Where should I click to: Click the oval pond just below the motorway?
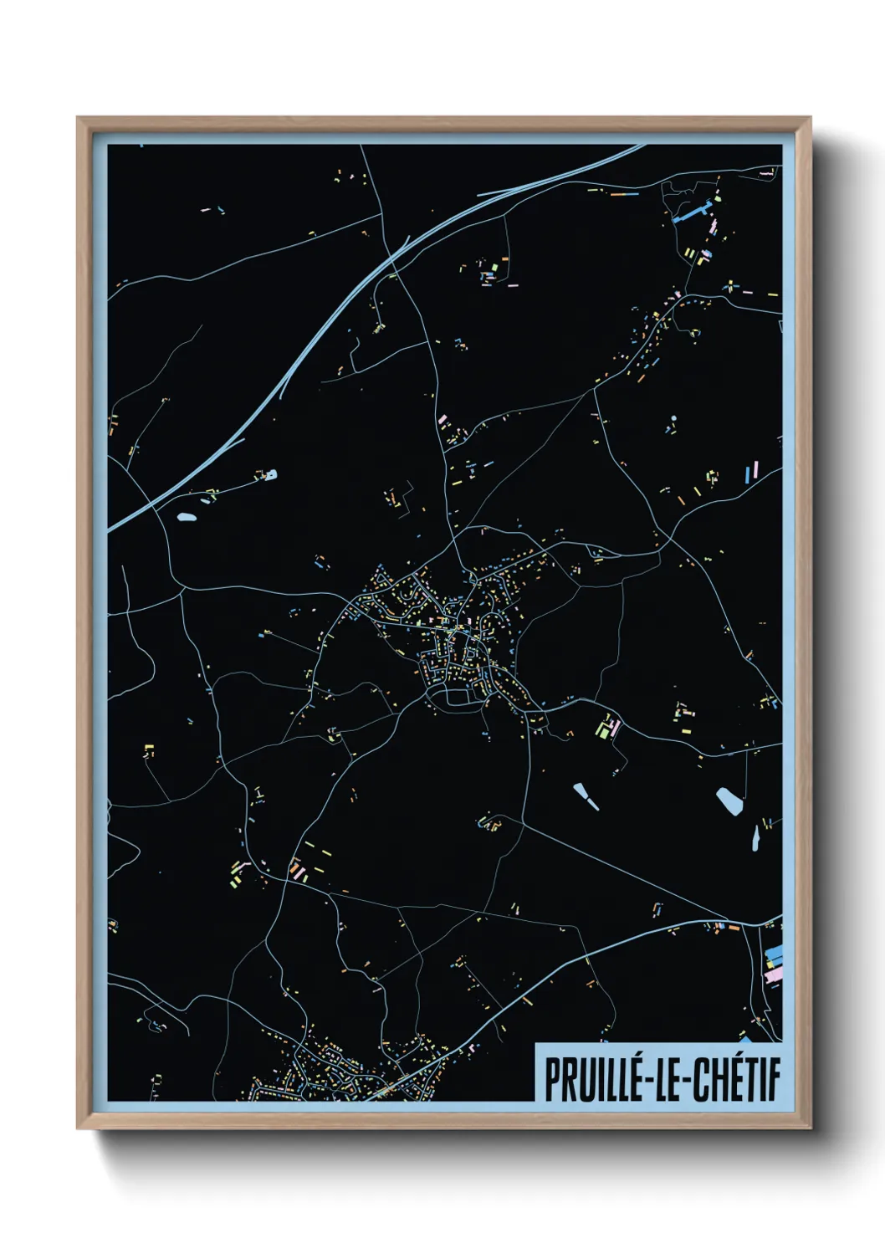[x=187, y=516]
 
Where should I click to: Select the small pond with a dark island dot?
[x=269, y=475]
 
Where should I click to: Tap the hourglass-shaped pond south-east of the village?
[x=585, y=795]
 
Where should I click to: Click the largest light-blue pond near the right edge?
[x=729, y=801]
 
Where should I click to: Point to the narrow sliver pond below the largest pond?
[x=755, y=836]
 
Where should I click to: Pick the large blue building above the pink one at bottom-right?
[x=775, y=954]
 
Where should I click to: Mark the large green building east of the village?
[x=602, y=728]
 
